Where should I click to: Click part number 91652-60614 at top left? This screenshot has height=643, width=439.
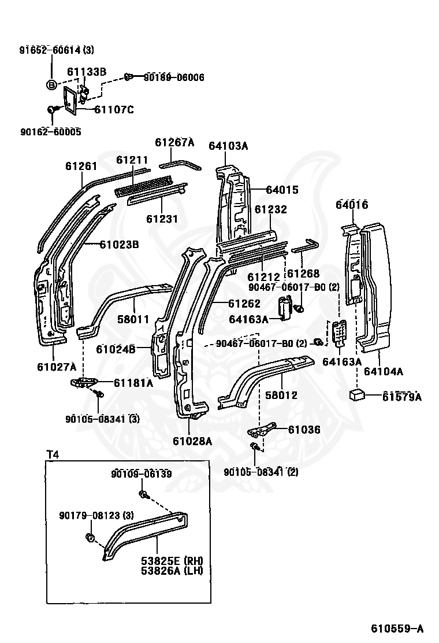pos(49,50)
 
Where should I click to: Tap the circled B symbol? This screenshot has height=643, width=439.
pos(51,84)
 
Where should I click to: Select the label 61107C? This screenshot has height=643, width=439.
pos(113,109)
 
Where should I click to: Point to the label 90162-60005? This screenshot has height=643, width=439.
pos(52,132)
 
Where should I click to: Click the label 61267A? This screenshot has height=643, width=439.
pos(174,143)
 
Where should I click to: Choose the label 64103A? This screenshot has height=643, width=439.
pos(228,146)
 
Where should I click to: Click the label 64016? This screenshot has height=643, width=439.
pos(352,205)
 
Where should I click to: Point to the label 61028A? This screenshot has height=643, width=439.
pos(192,441)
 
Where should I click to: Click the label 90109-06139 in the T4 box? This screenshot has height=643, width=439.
pos(142,474)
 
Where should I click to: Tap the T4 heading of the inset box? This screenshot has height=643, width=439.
pos(53,454)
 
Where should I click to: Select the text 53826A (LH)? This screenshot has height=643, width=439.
pos(168,571)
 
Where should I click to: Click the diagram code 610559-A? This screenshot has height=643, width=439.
pos(396,629)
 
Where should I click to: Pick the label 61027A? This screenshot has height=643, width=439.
pos(57,366)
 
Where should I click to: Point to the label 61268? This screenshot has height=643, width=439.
pos(304,274)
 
